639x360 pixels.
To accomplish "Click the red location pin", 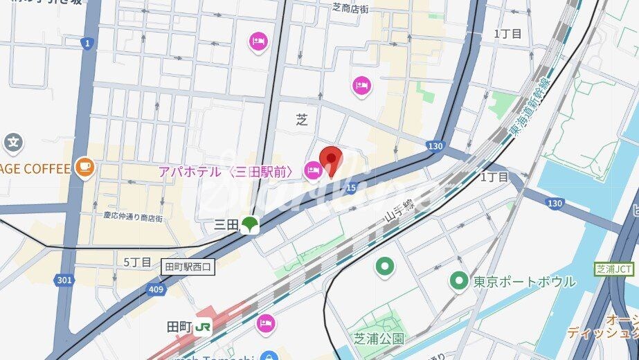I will pos(332,162).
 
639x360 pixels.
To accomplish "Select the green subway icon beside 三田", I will pos(250,224).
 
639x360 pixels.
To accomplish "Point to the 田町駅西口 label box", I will pos(188,266).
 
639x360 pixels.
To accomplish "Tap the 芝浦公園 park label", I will pos(379,339).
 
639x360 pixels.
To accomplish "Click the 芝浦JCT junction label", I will pos(614,269).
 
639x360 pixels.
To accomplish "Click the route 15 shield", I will pos(351,187).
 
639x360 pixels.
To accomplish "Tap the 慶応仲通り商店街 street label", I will pos(133,217).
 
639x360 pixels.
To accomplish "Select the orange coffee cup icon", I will pos(84,168).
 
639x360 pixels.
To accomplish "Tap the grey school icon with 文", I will pos(12,143).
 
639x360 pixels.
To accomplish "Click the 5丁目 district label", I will pos(137,262).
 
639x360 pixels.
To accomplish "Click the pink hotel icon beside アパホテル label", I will pos(313,170).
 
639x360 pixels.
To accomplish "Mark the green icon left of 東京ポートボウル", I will pos(458,281).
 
